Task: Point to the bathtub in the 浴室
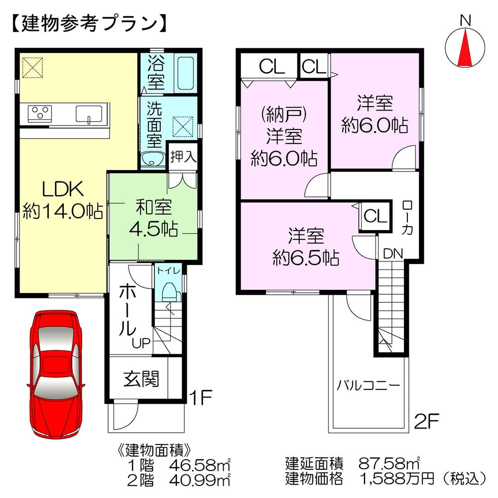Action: point(185,74)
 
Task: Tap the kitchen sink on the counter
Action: point(90,114)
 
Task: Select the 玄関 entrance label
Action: point(141,379)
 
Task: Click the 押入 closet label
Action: point(183,158)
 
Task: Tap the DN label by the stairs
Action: point(393,253)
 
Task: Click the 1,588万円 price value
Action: point(392,479)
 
